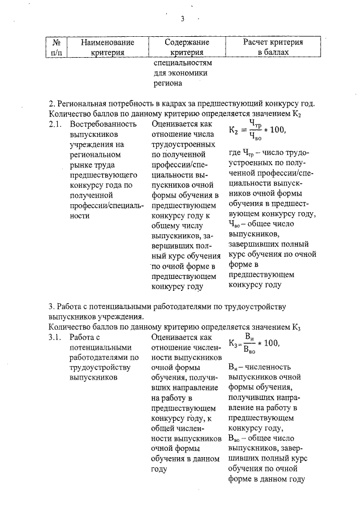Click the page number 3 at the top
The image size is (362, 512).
coord(183,19)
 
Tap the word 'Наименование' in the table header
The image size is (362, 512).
coord(107,42)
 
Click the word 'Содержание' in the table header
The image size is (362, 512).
coord(187,42)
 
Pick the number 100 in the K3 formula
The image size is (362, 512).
coord(270,343)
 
